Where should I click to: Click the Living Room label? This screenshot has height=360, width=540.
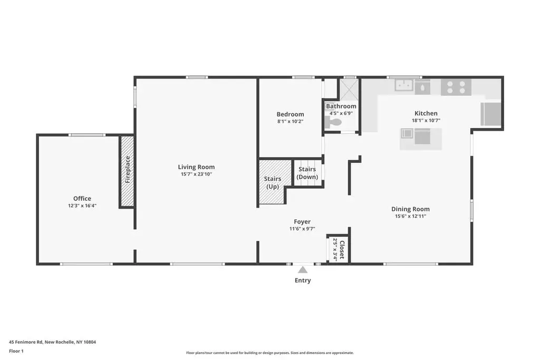[196, 167]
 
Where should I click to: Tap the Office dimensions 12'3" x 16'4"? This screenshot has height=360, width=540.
[82, 206]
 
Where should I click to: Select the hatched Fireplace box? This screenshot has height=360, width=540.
[127, 171]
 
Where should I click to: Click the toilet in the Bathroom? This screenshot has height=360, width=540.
[333, 122]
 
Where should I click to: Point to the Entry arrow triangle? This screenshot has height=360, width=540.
[303, 269]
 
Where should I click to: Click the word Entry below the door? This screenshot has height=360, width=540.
[303, 280]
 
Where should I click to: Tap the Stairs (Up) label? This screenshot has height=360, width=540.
[273, 183]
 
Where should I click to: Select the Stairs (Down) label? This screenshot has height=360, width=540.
[307, 173]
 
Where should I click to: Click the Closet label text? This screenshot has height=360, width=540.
[342, 250]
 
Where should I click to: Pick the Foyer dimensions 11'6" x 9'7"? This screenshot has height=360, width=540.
[302, 229]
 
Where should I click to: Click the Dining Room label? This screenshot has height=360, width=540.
[410, 209]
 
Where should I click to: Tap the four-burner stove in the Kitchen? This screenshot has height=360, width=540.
[456, 87]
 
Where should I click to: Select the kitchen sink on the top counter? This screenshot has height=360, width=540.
[404, 85]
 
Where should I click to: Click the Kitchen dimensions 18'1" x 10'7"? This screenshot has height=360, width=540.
[426, 121]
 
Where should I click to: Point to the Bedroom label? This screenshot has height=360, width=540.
[291, 114]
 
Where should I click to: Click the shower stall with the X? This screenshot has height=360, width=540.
[350, 89]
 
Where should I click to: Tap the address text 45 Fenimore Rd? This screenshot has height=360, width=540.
[26, 342]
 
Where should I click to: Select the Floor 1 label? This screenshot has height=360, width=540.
[16, 351]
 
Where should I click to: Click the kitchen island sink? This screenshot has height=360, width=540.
[407, 133]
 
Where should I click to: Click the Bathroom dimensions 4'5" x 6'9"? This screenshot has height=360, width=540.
[341, 113]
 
